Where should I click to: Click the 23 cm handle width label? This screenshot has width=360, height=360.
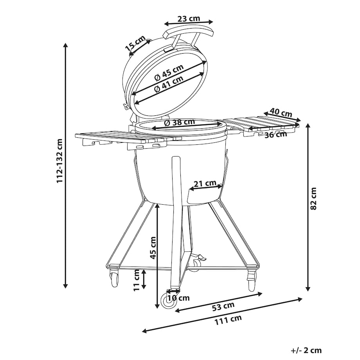189,18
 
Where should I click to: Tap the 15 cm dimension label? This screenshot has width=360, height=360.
135,43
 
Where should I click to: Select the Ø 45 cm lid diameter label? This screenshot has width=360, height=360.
169,72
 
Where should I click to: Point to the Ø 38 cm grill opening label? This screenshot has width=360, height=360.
180,122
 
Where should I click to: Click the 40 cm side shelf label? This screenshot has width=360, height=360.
281,113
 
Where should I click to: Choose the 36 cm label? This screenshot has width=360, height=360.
276,134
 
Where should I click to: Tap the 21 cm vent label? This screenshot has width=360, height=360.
205,184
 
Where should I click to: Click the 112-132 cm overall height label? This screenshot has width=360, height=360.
59,161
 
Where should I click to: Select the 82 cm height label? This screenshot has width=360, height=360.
313,198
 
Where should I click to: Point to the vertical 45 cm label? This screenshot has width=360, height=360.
153,248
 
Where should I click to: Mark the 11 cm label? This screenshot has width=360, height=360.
137,280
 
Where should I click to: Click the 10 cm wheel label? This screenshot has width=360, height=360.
178,298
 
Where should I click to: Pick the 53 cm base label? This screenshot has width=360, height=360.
223,306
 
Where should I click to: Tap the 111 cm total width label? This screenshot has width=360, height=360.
228,320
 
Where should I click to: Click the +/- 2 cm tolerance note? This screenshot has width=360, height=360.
306,350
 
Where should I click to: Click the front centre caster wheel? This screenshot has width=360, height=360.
169,301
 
